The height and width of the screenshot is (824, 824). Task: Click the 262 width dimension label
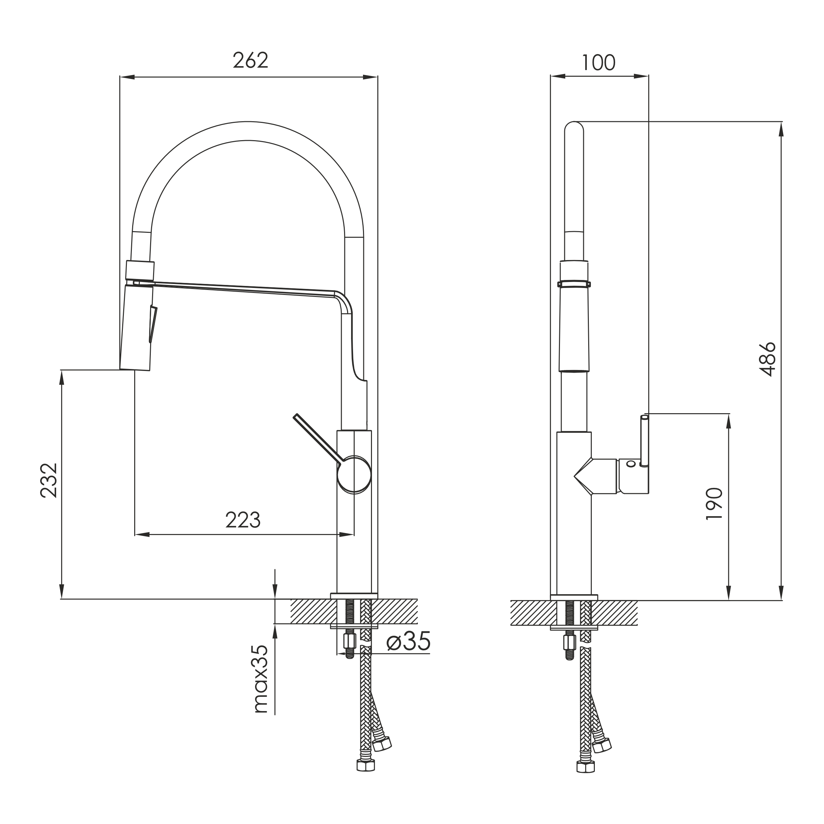250,60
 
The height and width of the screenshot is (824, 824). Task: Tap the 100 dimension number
599,63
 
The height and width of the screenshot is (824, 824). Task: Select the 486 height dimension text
767,359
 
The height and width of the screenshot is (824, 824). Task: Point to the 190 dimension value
714,504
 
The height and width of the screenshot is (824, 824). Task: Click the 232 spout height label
48,480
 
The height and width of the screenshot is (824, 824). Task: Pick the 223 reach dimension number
243,519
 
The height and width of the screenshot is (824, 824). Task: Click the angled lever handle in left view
318,438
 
